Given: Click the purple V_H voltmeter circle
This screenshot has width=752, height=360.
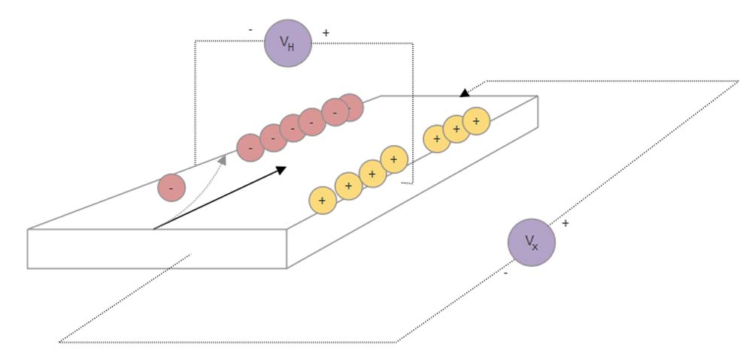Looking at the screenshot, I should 288,43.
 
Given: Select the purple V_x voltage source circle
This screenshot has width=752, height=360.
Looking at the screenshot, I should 532,243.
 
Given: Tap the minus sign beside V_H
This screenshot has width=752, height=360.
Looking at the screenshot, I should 250,30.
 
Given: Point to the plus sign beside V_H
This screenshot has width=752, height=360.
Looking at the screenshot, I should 326,33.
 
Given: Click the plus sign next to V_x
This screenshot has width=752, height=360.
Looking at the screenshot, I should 565,223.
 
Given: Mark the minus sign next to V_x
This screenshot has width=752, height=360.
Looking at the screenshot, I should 505,274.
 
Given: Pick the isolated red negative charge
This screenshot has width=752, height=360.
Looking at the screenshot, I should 171,187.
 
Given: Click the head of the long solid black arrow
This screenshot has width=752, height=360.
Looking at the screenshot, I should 280,170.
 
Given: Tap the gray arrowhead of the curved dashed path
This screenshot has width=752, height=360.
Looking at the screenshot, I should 222,159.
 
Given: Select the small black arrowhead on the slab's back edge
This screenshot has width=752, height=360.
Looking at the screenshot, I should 465,92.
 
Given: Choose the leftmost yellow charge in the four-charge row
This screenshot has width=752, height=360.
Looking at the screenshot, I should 323,201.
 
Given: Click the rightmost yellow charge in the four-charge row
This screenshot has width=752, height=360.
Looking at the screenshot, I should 394,159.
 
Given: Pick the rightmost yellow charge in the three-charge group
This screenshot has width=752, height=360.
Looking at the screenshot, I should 476,121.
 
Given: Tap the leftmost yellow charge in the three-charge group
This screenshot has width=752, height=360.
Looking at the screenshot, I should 437,139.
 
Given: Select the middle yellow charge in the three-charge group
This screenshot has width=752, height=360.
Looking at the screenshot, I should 456,129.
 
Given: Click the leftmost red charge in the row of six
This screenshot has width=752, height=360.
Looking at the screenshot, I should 250,148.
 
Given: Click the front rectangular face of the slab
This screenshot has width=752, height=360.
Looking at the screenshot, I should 156,249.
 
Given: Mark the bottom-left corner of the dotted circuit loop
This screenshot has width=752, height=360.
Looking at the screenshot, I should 60,342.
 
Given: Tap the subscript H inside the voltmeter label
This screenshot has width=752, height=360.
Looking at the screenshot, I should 293,45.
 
